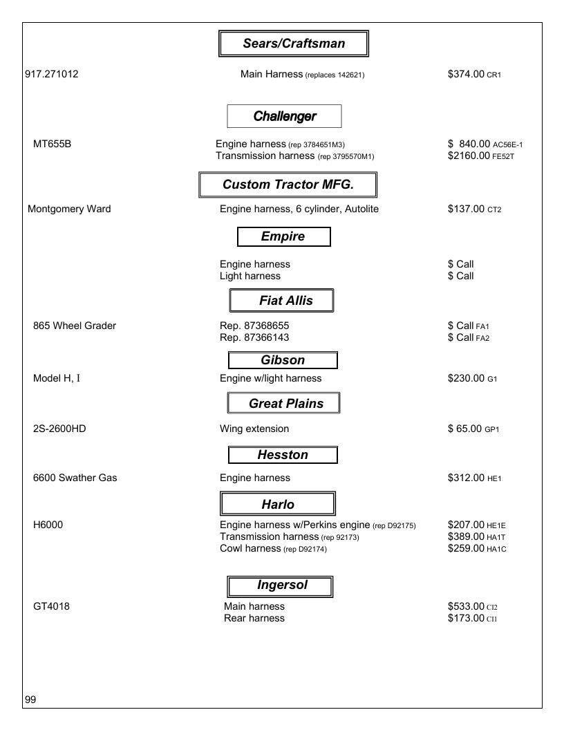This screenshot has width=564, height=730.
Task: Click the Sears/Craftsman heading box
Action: point(294,44)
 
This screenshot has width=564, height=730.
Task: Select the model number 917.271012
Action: point(52,74)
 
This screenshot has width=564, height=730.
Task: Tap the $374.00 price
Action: point(466,74)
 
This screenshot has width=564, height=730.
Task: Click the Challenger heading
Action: point(284,116)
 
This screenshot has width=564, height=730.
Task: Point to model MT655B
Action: point(52,144)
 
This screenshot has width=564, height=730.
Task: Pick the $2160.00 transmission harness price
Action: point(469,156)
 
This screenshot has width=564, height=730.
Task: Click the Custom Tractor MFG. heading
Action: point(288,185)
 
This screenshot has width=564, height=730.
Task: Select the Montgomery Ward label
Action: point(69,209)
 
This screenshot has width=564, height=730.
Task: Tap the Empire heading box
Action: point(284,236)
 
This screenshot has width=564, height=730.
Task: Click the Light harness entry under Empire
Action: point(250,276)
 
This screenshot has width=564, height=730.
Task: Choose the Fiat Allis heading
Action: point(281,300)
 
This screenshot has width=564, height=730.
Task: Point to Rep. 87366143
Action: point(254,337)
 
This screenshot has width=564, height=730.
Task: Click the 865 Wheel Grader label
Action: point(75,326)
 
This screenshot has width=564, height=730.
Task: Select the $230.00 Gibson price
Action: point(466,379)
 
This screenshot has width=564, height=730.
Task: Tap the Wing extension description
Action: point(254,429)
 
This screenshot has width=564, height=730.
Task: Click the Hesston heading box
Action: point(283,455)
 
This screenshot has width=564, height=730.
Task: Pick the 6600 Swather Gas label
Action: point(75,478)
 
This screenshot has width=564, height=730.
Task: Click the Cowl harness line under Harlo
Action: point(273,548)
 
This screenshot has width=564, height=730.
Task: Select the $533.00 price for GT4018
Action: point(466,607)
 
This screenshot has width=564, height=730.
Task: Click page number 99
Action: point(30,700)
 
